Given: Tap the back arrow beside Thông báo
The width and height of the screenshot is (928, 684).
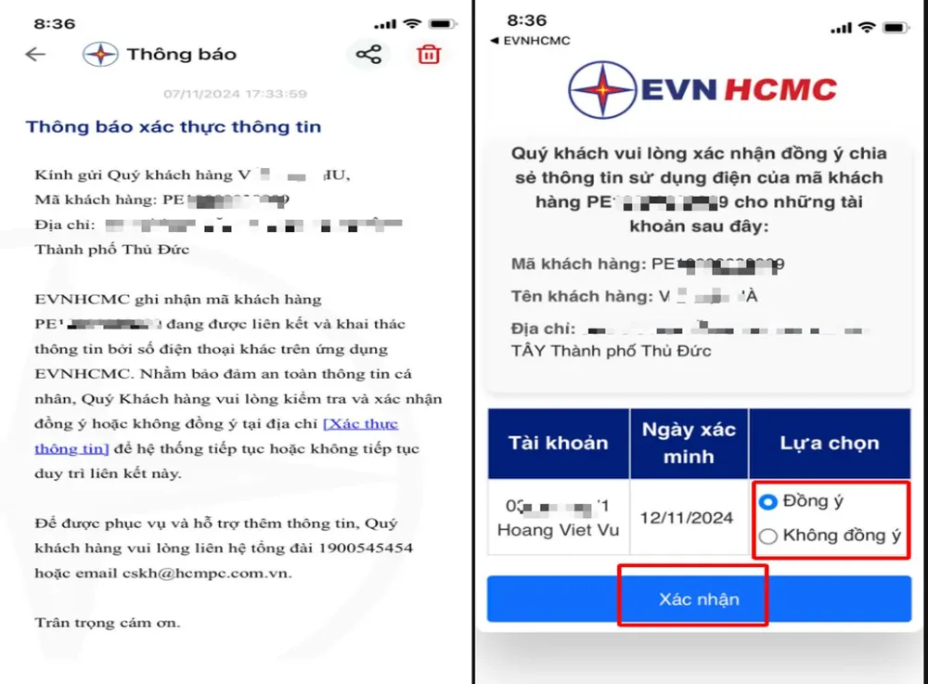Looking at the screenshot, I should tap(35, 54).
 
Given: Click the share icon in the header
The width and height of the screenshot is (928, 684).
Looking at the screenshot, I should tap(368, 54).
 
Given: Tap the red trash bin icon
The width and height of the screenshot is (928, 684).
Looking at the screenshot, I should tap(428, 54).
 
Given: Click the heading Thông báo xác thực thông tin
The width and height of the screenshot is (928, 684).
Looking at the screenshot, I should tap(174, 127).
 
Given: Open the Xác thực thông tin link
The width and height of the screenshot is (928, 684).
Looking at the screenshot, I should tap(360, 424).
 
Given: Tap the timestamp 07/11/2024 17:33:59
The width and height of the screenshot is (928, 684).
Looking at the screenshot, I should tap(235, 94).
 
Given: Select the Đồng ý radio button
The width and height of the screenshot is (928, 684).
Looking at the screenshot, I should tap(768, 502).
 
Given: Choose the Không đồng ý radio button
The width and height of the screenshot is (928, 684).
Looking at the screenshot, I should tap(768, 536).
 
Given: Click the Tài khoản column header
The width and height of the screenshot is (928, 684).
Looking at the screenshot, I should tap(558, 443).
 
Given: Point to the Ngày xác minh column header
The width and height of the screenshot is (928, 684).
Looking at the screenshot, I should tap(689, 443).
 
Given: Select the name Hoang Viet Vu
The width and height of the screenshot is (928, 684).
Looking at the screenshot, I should tap(558, 531).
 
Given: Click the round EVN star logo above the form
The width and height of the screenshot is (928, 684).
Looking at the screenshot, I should tap(602, 90).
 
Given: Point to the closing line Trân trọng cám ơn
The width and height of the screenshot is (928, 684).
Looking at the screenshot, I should tap(108, 623).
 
